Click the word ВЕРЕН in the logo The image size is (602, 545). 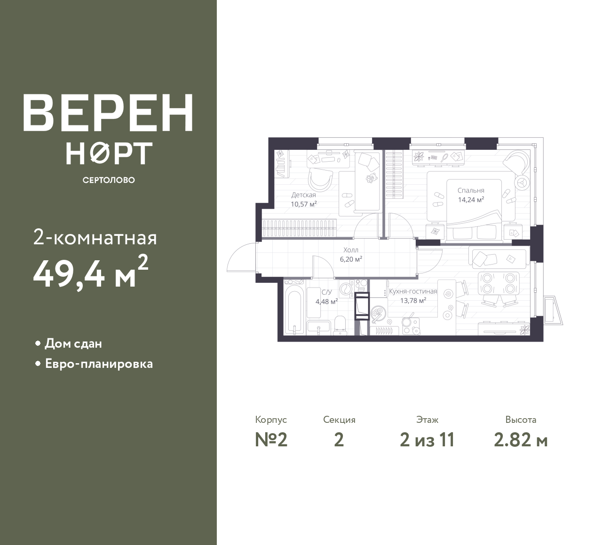point(108,113)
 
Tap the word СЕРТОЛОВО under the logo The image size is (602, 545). point(109,180)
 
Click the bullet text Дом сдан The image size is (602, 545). point(73,343)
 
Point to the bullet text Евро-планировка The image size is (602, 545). point(99,364)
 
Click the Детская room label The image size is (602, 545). point(304,195)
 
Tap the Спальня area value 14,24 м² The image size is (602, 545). point(471,200)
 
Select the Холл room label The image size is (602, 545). point(351,250)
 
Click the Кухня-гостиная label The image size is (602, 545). point(413,291)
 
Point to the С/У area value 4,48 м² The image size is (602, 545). point(326,302)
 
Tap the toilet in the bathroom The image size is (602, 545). point(340,325)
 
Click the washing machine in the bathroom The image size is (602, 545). point(346,289)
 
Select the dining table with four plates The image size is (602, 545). point(498,283)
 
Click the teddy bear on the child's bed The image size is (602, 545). point(370,178)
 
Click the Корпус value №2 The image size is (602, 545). point(271,440)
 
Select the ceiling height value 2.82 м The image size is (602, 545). point(521,440)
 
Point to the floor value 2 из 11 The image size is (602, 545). point(427,440)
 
